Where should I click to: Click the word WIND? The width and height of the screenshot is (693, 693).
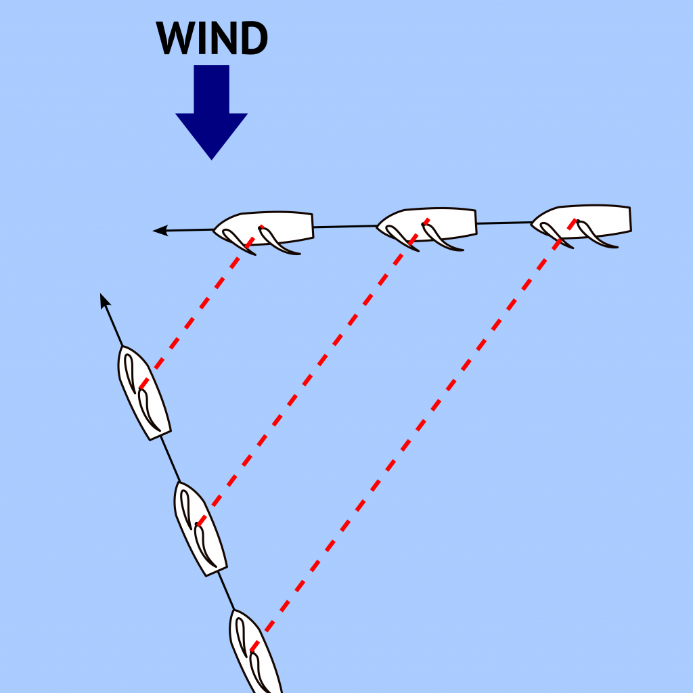212,38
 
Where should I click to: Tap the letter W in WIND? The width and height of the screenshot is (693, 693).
175,38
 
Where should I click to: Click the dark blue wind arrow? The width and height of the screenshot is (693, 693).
211,112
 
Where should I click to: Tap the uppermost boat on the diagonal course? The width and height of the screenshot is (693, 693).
144,393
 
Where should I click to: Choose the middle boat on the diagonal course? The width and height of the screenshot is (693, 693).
200,529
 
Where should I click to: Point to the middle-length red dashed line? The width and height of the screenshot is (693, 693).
313,372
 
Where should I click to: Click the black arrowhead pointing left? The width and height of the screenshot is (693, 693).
160,230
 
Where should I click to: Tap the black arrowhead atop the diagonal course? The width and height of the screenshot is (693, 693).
105,300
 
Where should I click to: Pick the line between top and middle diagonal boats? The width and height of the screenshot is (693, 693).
170,460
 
